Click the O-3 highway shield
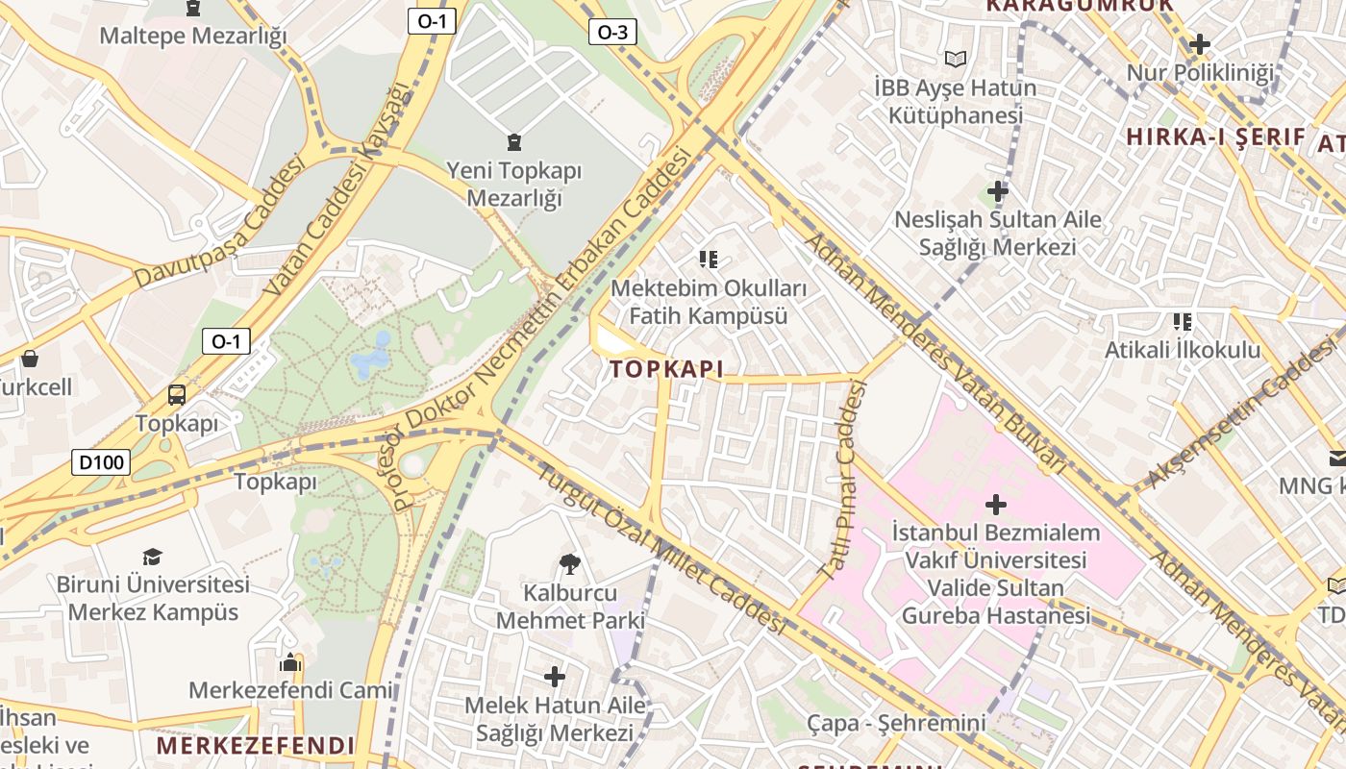tap(612, 33)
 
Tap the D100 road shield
tap(101, 462)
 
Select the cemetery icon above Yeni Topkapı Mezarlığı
tap(514, 142)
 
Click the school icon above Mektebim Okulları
tap(709, 259)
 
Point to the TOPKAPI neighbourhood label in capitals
tap(666, 369)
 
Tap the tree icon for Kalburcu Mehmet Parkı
tap(569, 563)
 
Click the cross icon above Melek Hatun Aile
tap(555, 677)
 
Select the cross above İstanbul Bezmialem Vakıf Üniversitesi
tap(996, 504)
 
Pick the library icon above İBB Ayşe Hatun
tap(955, 59)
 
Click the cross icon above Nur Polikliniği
tap(1199, 44)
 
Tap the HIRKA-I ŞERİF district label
tap(1215, 136)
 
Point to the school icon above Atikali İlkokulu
tap(1182, 321)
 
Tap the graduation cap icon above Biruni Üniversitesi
tap(152, 557)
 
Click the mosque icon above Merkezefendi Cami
tap(289, 662)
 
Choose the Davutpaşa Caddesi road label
tap(219, 223)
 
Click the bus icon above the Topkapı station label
tap(177, 394)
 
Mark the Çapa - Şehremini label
tap(896, 723)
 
